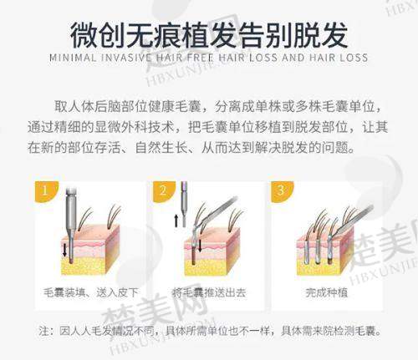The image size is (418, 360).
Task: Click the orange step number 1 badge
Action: (45, 190)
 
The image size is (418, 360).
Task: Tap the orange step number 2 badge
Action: (163, 190)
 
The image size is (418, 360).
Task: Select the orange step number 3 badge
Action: (281, 190)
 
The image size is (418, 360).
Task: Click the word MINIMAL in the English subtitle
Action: (73, 58)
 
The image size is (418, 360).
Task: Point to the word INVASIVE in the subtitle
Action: (127, 58)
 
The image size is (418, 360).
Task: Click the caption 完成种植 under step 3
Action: (326, 292)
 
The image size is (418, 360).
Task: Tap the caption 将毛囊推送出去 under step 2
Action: (209, 292)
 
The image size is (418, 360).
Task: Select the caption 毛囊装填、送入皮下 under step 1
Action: (91, 292)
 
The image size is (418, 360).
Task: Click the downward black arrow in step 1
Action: (64, 249)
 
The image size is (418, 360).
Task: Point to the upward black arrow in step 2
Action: (176, 221)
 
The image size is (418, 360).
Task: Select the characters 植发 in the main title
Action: (209, 36)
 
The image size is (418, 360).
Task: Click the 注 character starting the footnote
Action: (44, 331)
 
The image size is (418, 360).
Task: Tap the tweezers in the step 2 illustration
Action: (215, 215)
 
